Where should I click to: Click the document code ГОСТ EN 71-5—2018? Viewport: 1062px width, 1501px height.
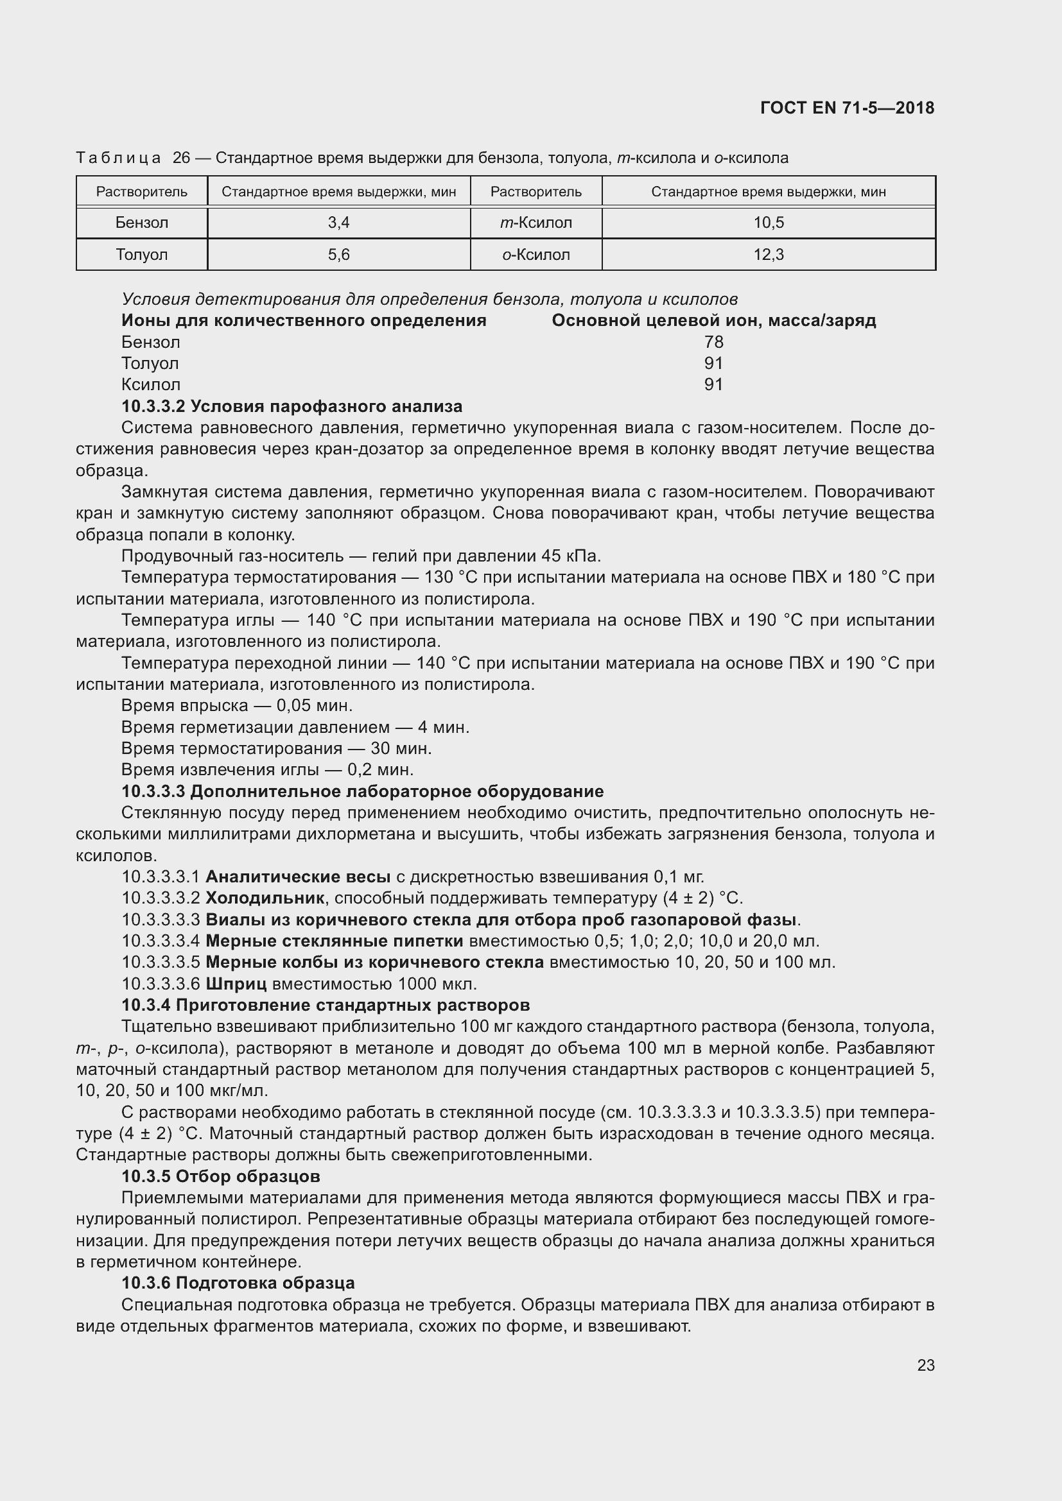coord(847,108)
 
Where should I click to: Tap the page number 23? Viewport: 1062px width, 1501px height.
coord(925,1365)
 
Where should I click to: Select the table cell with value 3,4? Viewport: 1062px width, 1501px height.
coord(339,223)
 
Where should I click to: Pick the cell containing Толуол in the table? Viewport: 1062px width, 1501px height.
coord(142,254)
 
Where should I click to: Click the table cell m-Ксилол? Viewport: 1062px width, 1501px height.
coord(535,223)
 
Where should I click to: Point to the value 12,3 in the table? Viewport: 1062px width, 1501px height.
coord(769,254)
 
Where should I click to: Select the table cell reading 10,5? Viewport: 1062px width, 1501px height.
coord(769,223)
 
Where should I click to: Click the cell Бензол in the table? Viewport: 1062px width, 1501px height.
coord(142,223)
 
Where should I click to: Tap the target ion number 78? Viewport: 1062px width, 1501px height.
coord(713,342)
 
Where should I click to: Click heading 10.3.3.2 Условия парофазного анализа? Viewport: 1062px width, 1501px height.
coord(292,406)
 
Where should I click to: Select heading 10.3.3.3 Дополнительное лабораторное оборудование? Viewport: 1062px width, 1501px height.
coord(362,791)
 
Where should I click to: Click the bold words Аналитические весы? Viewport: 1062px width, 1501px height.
coord(298,877)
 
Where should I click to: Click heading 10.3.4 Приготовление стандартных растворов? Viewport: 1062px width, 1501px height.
coord(325,1005)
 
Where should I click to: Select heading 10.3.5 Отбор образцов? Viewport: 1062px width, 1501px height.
coord(220,1176)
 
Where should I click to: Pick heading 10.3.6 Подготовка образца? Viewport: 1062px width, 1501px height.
coord(238,1283)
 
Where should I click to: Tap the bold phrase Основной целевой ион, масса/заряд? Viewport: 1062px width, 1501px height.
coord(713,320)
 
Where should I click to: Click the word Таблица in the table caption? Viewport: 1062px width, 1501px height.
coord(118,159)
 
